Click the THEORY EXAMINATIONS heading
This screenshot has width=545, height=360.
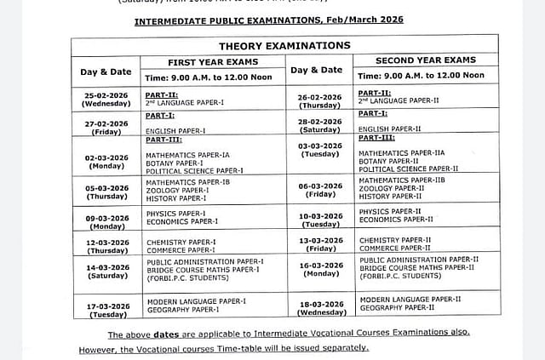point(284,45)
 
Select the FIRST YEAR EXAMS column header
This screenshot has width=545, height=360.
point(213,62)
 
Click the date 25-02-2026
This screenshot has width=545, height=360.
point(106,94)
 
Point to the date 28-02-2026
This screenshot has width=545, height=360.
point(319,123)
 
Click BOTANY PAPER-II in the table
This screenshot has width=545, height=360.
point(387,160)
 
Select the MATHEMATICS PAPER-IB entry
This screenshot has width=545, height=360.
point(187,182)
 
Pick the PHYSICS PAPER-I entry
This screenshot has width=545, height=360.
point(175,214)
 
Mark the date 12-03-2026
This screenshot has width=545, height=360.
point(106,243)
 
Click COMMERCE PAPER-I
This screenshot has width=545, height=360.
point(181,250)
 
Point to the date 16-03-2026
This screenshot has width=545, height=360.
point(319,266)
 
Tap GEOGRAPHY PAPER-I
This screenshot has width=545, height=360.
point(182,309)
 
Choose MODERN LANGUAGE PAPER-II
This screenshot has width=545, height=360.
point(410,300)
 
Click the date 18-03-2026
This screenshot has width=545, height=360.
point(319,304)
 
